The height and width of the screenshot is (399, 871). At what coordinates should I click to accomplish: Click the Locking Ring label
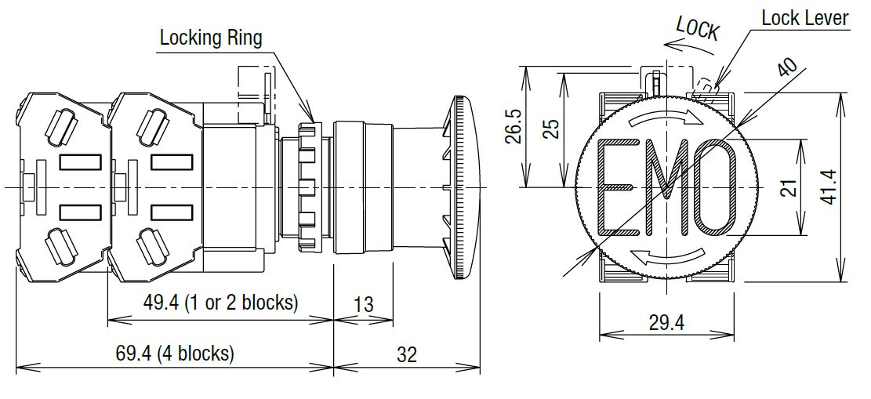click(x=211, y=38)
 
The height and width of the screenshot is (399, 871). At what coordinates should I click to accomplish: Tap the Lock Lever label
click(x=805, y=18)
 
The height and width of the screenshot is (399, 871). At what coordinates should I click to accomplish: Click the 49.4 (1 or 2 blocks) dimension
click(x=220, y=303)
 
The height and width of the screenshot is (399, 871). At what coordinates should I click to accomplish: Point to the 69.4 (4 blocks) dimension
click(x=174, y=353)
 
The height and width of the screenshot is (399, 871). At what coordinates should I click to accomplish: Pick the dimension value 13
click(x=363, y=304)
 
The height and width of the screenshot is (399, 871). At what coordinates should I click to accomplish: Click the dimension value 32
click(x=407, y=354)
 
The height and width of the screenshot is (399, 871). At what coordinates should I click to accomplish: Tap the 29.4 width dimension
click(x=666, y=322)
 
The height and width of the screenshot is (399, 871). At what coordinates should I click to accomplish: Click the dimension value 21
click(x=790, y=187)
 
